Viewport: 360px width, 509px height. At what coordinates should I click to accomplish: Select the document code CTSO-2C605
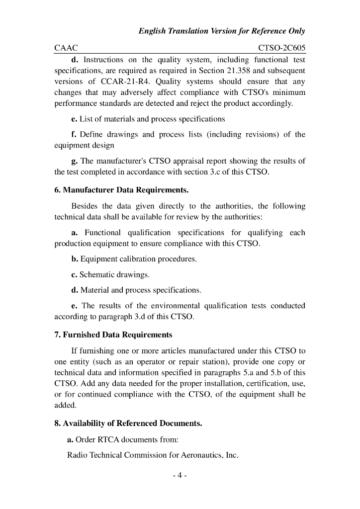[x=282, y=48]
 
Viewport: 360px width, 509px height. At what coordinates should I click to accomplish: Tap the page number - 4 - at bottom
[x=180, y=476]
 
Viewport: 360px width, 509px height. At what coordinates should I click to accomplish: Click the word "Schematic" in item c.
[x=96, y=274]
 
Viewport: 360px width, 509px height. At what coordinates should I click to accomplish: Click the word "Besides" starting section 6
[x=85, y=206]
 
